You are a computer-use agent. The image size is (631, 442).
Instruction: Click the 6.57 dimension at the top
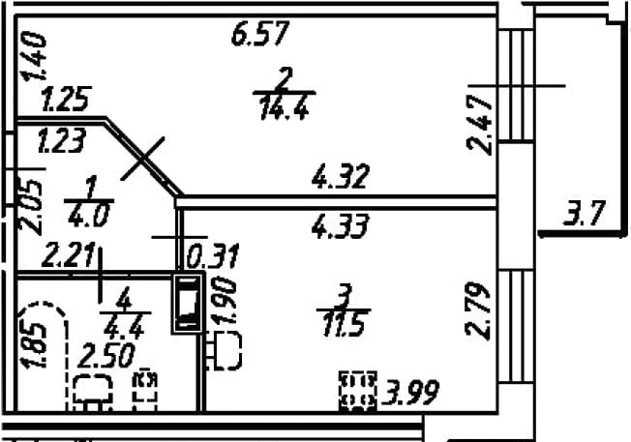pos(260,34)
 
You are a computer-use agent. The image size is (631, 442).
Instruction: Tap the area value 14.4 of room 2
pos(285,108)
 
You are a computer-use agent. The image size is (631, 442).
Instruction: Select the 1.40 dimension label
pos(34,56)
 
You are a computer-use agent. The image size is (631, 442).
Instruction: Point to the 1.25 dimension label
pos(67,99)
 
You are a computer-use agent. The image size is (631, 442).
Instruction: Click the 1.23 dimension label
pos(62,140)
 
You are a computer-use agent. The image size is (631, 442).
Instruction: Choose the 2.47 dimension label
pos(479,125)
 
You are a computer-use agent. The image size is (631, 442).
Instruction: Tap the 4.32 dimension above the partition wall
pos(340,176)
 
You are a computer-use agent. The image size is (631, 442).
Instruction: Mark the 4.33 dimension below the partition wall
pos(341,225)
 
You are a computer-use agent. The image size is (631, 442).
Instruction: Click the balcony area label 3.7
pos(585,214)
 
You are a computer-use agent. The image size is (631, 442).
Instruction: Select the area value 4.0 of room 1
pos(88,215)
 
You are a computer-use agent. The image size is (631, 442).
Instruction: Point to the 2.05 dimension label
pos(31,208)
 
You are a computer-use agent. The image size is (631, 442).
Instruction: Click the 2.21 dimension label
pos(69,255)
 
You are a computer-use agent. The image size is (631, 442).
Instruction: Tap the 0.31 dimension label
pos(213,255)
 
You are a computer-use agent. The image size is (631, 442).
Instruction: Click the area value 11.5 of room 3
pos(344,325)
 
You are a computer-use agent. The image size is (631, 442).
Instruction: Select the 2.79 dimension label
pos(478,310)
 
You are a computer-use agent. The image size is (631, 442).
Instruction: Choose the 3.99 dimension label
pos(410,393)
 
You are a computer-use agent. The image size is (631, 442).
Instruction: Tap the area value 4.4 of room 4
pos(124,329)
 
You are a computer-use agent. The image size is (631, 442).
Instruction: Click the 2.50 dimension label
pos(105,356)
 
